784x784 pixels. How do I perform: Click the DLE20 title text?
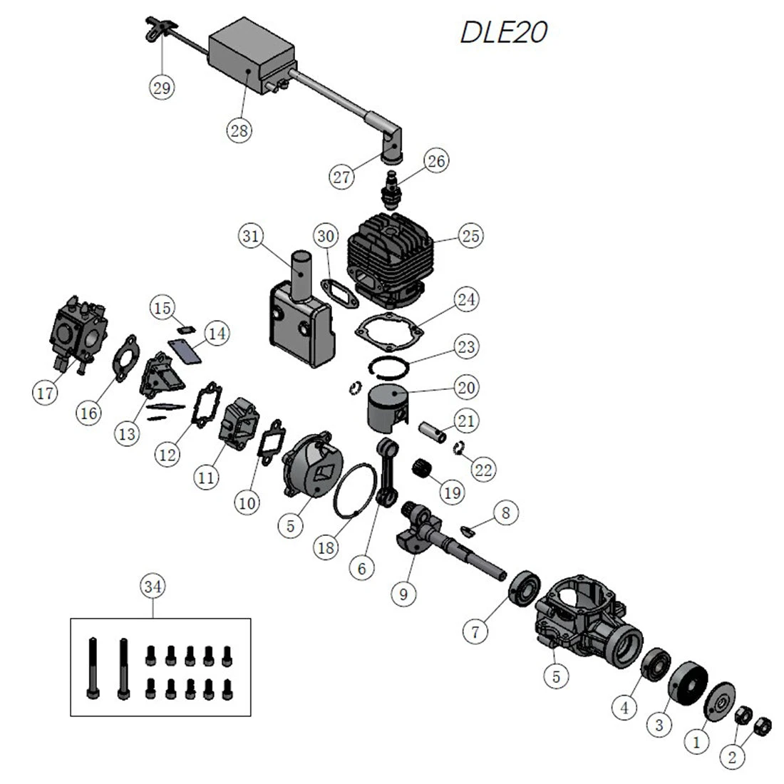pyautogui.click(x=504, y=33)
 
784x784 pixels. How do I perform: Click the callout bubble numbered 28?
pyautogui.click(x=240, y=130)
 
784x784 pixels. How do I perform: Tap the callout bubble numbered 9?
pyautogui.click(x=403, y=593)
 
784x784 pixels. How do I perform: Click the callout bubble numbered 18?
pyautogui.click(x=326, y=547)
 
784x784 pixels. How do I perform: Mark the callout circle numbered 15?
pyautogui.click(x=163, y=308)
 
